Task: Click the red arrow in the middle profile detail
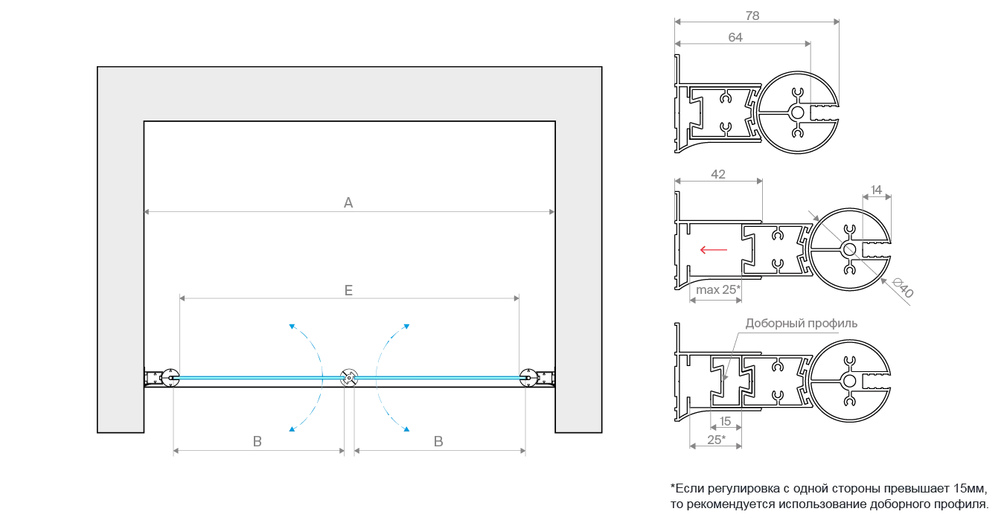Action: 713,251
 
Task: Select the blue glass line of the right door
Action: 439,377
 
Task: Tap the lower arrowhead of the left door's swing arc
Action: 292,429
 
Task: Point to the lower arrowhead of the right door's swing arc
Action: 405,429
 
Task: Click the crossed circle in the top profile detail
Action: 800,112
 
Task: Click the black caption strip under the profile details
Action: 826,496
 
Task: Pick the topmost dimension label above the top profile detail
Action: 755,12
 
